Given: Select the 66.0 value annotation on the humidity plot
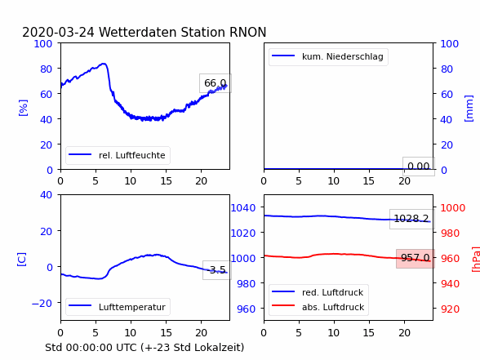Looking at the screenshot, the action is pyautogui.click(x=216, y=83).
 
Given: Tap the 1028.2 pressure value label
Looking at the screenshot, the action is pyautogui.click(x=411, y=219).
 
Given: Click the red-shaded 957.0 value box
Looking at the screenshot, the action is pyautogui.click(x=416, y=258).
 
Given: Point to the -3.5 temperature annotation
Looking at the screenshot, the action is pyautogui.click(x=217, y=270).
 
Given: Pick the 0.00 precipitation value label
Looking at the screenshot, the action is pyautogui.click(x=419, y=167).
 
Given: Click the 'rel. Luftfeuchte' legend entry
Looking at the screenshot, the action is pyautogui.click(x=118, y=155).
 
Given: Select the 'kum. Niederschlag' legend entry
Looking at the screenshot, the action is pyautogui.click(x=328, y=56).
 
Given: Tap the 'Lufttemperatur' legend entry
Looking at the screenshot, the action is pyautogui.click(x=118, y=307).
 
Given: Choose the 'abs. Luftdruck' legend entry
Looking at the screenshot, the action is pyautogui.click(x=318, y=307).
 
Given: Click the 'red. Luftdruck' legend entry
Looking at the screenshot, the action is pyautogui.click(x=318, y=292).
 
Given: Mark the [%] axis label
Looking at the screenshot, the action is pyautogui.click(x=23, y=108).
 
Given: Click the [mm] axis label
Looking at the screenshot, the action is pyautogui.click(x=469, y=109).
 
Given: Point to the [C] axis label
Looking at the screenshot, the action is pyautogui.click(x=22, y=260).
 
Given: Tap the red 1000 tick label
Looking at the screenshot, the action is pyautogui.click(x=453, y=208).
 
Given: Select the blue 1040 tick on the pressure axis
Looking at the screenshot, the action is pyautogui.click(x=243, y=208).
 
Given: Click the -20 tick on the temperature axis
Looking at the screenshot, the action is pyautogui.click(x=42, y=304).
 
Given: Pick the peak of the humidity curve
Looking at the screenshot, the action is pyautogui.click(x=104, y=64).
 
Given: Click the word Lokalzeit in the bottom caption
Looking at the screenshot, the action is pyautogui.click(x=218, y=348).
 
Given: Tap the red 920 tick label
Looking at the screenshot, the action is pyautogui.click(x=450, y=309).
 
